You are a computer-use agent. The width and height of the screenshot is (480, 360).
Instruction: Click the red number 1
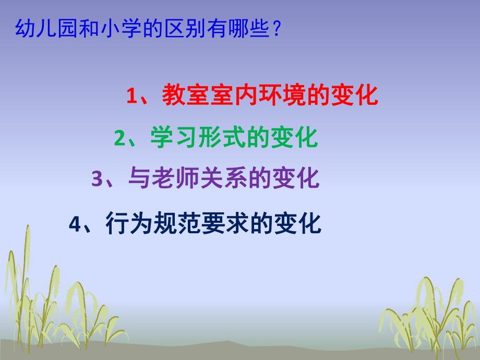coord(131,97)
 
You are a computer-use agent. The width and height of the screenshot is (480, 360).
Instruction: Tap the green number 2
coord(119,139)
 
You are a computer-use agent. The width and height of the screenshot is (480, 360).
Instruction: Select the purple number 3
coord(98,179)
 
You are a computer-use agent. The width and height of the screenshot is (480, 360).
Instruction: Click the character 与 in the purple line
coord(138,179)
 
